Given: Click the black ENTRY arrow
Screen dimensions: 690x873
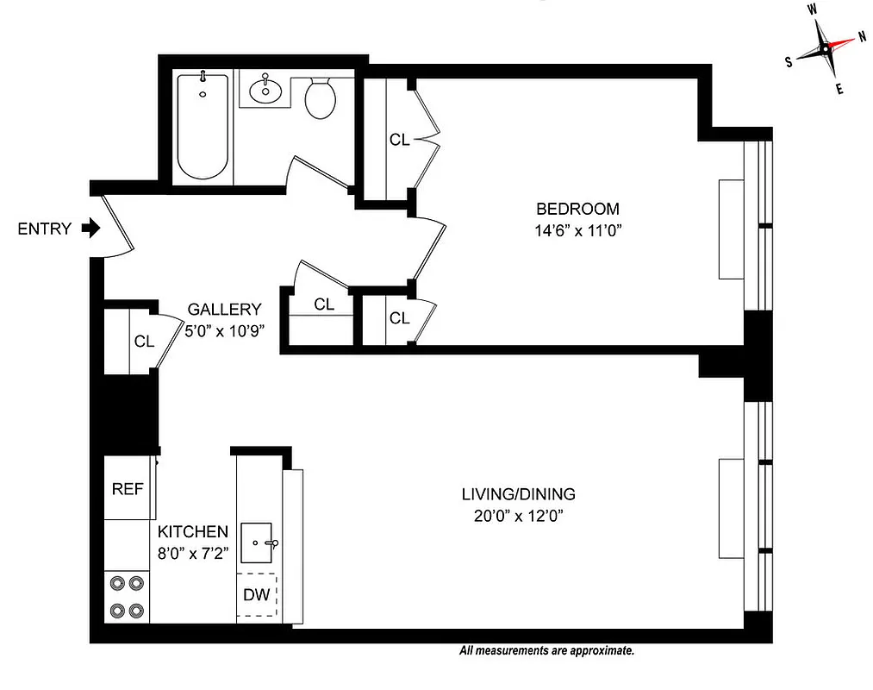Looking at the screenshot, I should coord(90,229).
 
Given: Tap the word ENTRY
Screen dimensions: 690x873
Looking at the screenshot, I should coord(44,229).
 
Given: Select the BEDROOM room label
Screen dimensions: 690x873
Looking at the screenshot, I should coord(577,209).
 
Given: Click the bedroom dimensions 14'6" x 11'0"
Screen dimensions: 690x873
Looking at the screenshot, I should coord(577,230).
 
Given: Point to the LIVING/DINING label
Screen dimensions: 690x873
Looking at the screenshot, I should coord(518,495).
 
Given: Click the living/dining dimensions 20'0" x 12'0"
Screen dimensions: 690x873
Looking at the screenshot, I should coord(518,517).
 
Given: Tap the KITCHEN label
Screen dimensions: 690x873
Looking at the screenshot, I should coord(192,532).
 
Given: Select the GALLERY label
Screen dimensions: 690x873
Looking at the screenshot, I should coord(224,310).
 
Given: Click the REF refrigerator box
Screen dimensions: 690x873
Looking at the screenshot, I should coord(128,488).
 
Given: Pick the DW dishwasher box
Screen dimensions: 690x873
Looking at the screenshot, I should coord(257,594).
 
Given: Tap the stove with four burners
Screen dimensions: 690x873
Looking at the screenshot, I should coord(128,597).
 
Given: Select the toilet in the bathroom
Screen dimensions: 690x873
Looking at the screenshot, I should coord(321,98).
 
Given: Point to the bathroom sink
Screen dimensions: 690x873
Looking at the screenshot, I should coord(264,88).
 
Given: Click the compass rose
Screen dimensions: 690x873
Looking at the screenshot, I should coord(825,49).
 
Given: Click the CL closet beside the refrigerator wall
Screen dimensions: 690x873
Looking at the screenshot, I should coord(142,341).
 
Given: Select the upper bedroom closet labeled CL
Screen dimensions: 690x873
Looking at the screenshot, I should coord(399,140).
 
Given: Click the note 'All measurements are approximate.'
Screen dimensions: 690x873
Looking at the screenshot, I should coord(547,651).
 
